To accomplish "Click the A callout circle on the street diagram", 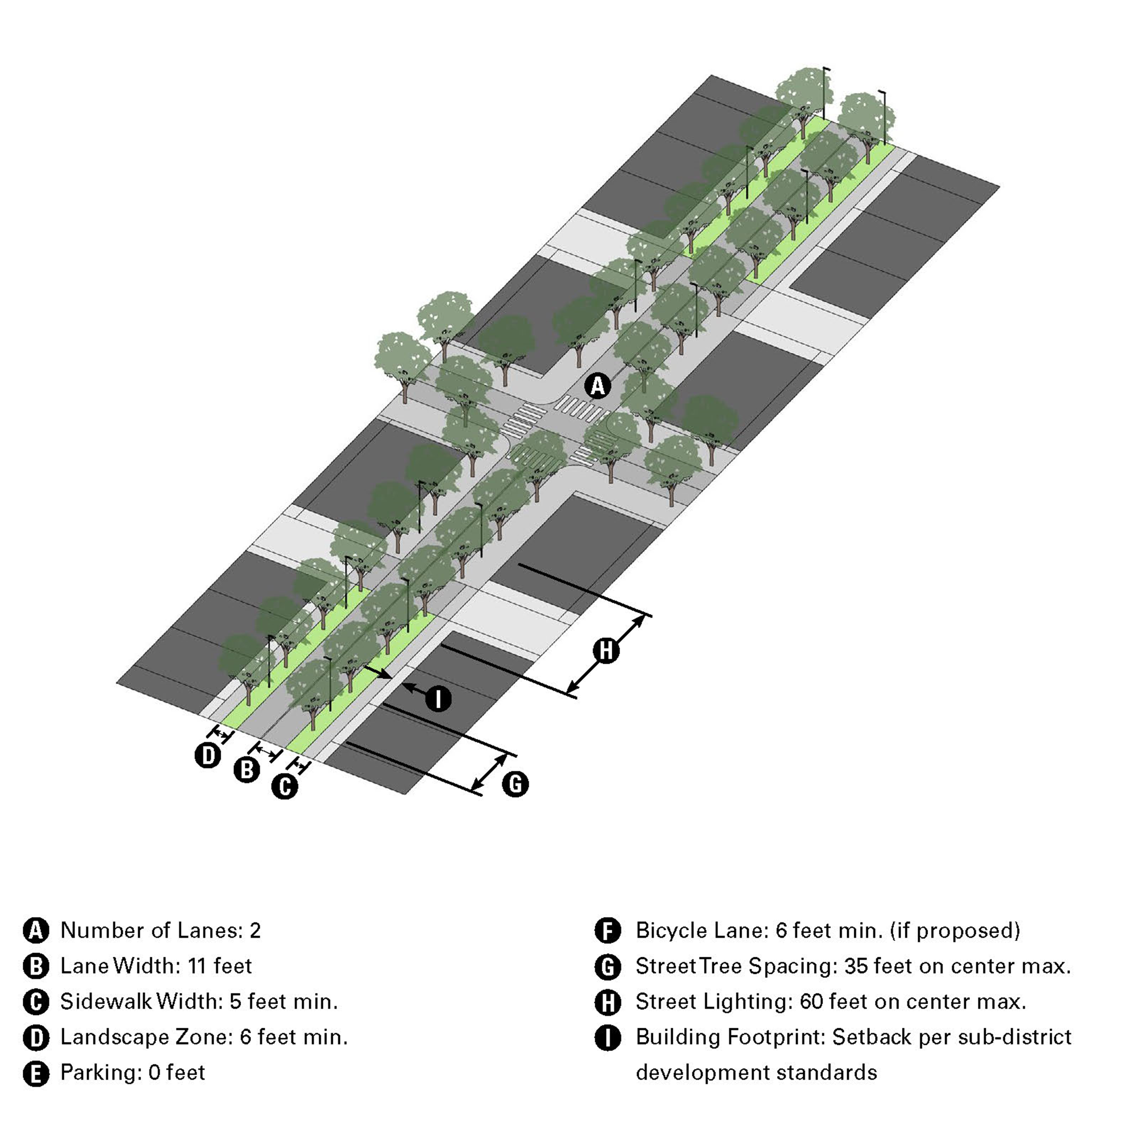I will pos(598,386).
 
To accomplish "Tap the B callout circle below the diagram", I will pos(247,770).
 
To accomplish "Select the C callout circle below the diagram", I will pos(285,786).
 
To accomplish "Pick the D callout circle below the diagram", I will pos(208,755).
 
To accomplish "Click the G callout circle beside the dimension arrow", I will pos(515,784).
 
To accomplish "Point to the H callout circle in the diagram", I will pos(606,651).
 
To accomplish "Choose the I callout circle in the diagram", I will pos(438,700).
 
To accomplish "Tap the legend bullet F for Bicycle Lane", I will pos(607,931).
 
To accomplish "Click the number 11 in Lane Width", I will pos(197,966).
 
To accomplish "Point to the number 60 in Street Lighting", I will pos(812,1001).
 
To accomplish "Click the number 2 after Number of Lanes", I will pos(255,931).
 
